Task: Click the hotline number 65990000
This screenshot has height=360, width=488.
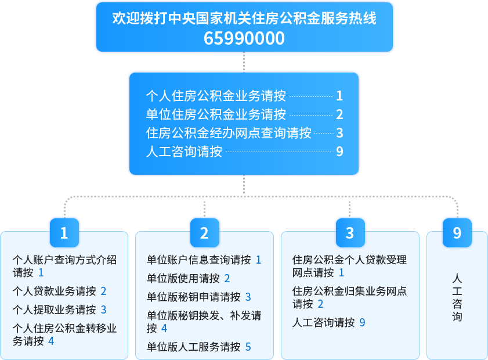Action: [x=244, y=38]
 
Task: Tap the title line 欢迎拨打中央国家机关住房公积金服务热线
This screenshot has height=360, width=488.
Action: [x=244, y=18]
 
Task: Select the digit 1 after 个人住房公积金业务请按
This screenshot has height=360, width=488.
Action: [x=339, y=96]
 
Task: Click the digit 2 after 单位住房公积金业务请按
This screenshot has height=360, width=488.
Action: [x=339, y=114]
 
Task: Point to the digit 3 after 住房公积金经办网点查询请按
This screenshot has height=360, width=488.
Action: [x=339, y=133]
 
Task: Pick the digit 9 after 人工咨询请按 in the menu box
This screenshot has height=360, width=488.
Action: [x=339, y=152]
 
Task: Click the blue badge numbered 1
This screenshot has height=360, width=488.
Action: [x=64, y=233]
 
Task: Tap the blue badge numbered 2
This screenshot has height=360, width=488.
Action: [x=204, y=233]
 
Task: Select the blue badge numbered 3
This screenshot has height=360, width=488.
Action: [x=350, y=233]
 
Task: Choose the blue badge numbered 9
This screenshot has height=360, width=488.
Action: [x=457, y=233]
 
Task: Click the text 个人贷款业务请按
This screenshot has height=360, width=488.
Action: [x=54, y=291]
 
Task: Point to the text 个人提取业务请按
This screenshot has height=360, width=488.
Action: [x=54, y=309]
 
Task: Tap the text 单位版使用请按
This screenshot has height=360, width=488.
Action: [x=183, y=278]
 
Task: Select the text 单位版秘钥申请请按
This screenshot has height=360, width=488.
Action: [x=194, y=297]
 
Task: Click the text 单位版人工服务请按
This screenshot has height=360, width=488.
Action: [x=194, y=347]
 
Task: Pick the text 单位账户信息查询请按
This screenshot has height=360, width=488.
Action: [x=198, y=260]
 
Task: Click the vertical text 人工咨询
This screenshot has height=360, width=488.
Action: [x=457, y=297]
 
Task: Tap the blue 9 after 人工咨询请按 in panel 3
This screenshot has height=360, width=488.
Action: [x=362, y=322]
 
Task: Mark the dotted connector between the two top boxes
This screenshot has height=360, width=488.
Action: [x=244, y=62]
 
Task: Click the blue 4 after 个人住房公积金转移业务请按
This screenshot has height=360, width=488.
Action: [x=51, y=341]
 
